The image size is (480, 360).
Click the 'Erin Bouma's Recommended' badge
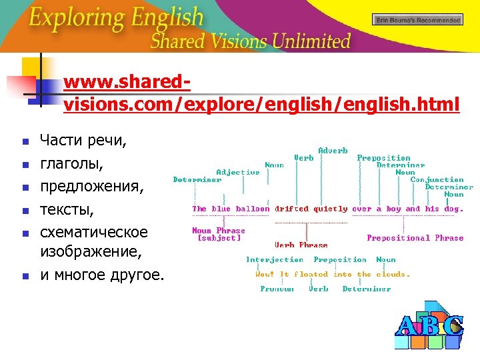[417, 20]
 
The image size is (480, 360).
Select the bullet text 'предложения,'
[91, 186]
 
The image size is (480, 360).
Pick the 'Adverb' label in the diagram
[333, 151]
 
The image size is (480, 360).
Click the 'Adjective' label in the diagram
[238, 172]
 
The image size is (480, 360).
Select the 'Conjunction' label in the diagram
[437, 179]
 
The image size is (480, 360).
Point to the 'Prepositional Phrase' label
[415, 238]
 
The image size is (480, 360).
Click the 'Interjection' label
[275, 259]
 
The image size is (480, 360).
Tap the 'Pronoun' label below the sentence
[277, 289]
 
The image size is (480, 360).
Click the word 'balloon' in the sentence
[253, 209]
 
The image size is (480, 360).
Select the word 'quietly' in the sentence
[330, 209]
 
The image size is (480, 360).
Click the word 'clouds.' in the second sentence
[393, 274]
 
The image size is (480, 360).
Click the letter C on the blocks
[453, 325]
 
